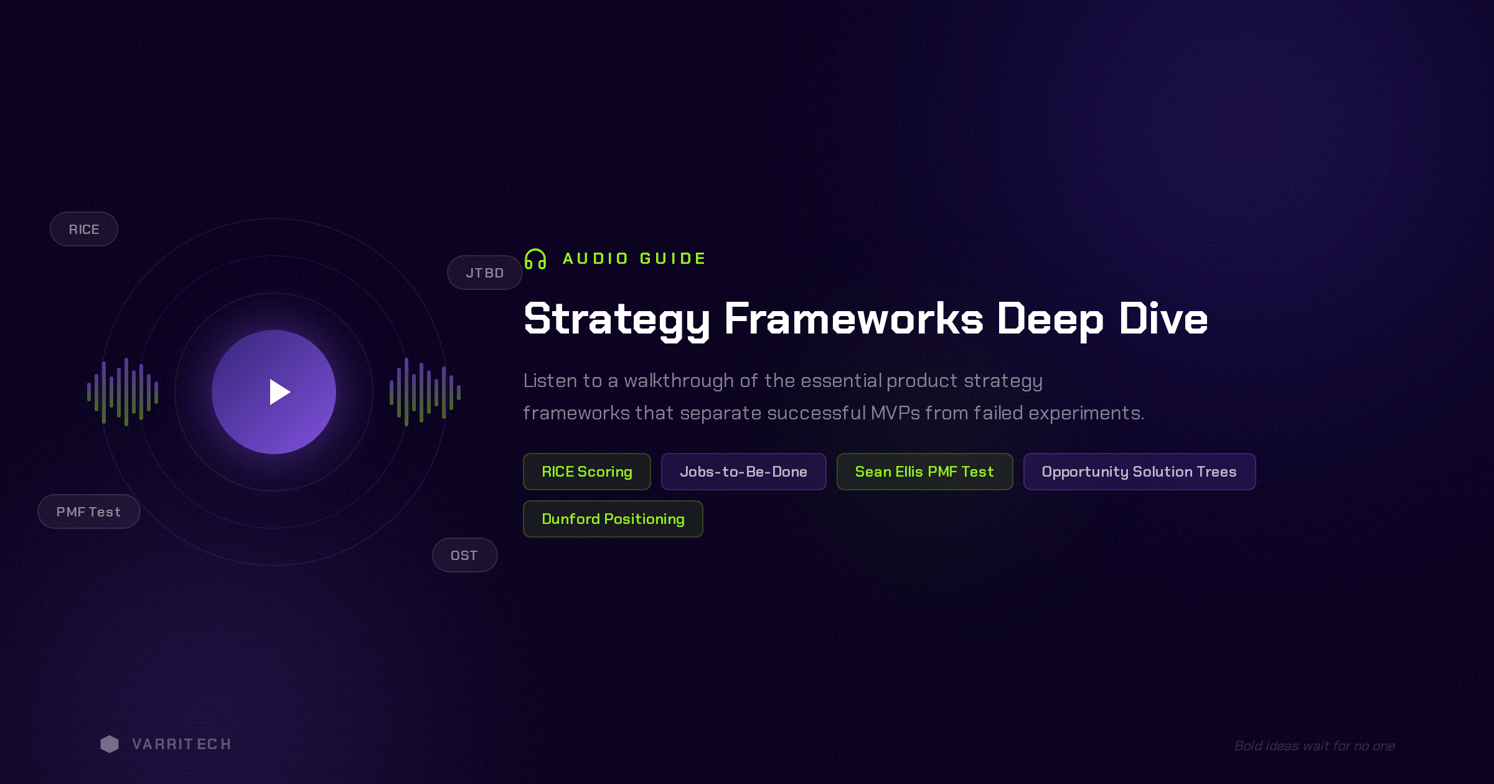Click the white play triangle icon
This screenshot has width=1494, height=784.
pos(279,392)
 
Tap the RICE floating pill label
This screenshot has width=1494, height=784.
pos(84,229)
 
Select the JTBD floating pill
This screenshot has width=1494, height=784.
pos(485,273)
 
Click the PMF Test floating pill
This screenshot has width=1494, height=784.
pos(89,511)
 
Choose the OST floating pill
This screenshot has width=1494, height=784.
pos(464,555)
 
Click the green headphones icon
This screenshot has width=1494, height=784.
pos(535,259)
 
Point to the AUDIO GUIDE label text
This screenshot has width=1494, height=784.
pos(634,258)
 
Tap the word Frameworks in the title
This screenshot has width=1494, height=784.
pos(853,319)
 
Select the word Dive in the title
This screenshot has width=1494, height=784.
pos(1163,319)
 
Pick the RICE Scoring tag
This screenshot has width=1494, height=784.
pos(587,472)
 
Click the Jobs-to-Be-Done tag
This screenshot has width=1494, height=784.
pos(744,472)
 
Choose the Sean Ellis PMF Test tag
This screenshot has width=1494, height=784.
pos(925,472)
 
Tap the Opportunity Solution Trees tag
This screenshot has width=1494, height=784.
pos(1140,472)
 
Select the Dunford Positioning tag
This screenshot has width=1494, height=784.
pos(613,519)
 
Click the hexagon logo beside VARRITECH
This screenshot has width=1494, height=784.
pos(110,744)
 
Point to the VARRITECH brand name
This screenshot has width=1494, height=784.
pos(181,744)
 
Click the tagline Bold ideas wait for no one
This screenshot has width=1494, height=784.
pos(1315,745)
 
